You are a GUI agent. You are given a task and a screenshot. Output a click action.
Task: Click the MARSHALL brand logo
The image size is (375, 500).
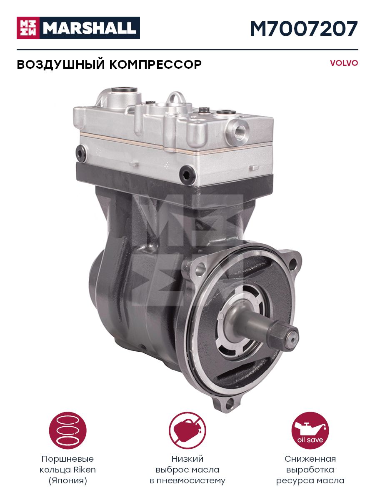tap(78, 28)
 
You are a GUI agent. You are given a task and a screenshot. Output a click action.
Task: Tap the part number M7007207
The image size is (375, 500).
tap(304, 29)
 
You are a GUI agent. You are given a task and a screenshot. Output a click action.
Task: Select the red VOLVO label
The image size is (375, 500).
tap(344, 63)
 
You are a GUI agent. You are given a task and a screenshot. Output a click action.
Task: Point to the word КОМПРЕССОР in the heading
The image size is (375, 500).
tap(155, 65)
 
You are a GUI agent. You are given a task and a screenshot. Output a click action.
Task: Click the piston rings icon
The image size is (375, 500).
tap(68, 430)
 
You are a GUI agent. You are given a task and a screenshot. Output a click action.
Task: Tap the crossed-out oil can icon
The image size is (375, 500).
tap(187, 430)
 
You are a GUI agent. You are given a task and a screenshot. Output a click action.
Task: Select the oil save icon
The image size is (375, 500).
tap(310, 430)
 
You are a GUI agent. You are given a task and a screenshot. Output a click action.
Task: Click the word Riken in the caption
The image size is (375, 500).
tap(85, 470)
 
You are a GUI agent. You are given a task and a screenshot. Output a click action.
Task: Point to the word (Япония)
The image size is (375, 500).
tap(68, 481)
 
